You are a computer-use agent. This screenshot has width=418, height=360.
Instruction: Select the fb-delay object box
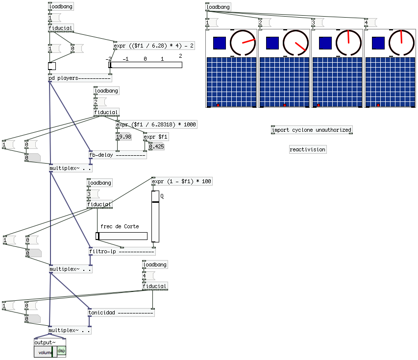click(117, 155)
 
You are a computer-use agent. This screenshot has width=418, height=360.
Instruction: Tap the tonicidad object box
click(121, 312)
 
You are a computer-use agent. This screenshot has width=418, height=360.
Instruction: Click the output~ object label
click(45, 342)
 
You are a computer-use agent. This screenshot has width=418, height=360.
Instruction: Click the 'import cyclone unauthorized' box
click(312, 130)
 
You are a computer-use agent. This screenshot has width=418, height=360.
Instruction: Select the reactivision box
click(307, 149)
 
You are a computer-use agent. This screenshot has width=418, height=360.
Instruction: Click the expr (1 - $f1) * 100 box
click(182, 181)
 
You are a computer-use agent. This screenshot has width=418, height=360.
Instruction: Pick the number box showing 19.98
click(123, 137)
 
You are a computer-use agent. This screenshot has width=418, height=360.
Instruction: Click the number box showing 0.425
click(156, 146)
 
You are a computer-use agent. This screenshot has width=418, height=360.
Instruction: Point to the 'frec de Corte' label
click(120, 226)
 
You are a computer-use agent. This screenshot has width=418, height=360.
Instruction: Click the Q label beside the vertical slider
click(162, 195)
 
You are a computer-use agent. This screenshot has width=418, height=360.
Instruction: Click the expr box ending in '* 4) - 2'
click(154, 46)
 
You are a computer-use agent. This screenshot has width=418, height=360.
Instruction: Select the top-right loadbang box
click(218, 7)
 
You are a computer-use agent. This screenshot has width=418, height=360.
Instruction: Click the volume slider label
click(45, 352)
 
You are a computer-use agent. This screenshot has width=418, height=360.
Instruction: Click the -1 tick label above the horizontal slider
click(125, 59)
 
